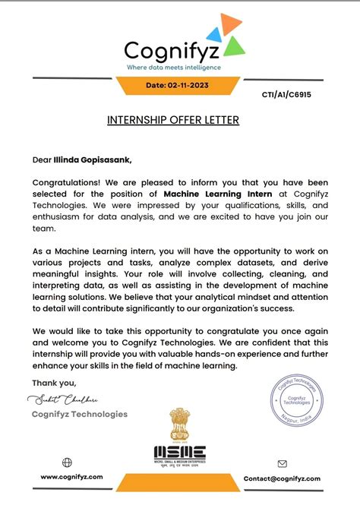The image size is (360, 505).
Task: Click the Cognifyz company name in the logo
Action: [172, 51]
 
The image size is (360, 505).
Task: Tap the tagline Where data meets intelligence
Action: [173, 68]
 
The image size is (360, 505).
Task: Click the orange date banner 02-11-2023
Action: [178, 86]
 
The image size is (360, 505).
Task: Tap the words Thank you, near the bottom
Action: [54, 383]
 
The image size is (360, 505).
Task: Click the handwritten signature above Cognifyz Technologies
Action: [62, 399]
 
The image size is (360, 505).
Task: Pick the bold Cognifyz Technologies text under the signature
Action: [79, 414]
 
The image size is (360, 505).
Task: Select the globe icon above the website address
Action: [67, 462]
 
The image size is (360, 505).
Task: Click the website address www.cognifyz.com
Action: [71, 478]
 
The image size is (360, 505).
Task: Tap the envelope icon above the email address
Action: [282, 463]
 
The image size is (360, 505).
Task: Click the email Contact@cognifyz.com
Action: [282, 478]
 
